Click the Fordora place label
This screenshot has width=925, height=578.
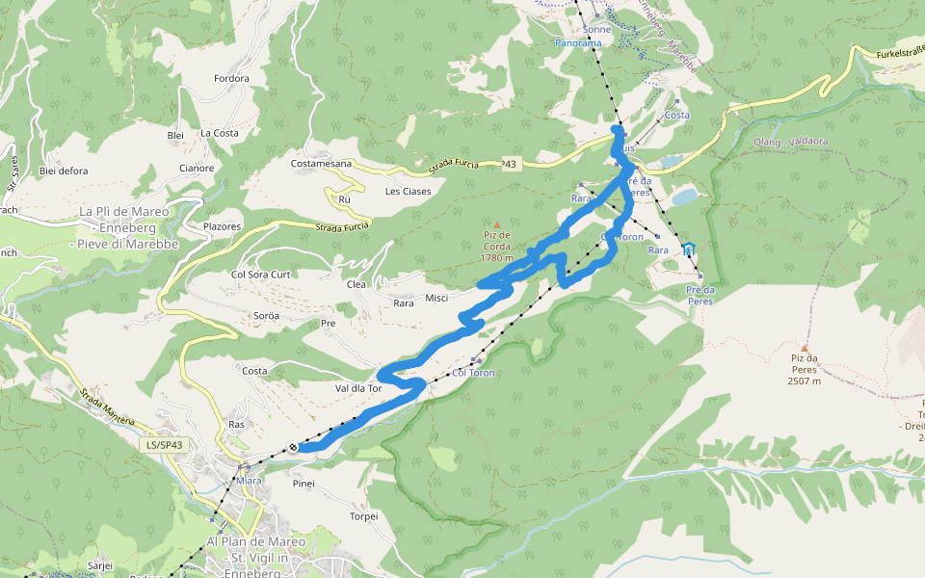pos(231,79)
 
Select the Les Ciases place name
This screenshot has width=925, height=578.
pos(408,191)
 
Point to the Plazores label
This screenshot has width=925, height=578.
pos(222,226)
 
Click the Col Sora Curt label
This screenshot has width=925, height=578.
pos(260,275)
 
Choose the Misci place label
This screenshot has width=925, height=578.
pos(436,298)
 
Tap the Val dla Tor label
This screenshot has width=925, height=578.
pos(359,388)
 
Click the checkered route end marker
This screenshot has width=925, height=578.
pos(292,447)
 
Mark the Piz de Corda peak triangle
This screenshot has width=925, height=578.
pos(497,225)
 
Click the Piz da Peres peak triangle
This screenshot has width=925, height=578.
pos(805,349)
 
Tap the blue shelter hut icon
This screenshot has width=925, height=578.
pos(688,249)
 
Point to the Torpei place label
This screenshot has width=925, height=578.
pos(364,515)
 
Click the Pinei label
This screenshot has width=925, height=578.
pos(304,484)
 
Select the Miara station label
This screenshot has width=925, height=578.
pos(248,480)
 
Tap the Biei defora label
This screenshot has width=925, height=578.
pos(64,171)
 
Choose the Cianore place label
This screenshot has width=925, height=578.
pos(197,169)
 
